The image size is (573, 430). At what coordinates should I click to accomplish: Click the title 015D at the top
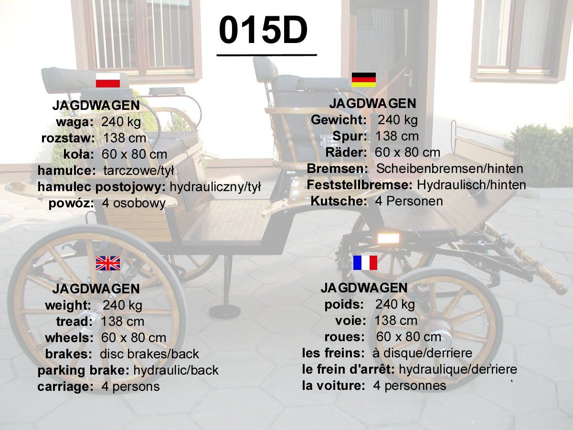coord(263,30)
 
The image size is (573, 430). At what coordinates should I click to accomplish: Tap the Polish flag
coord(108,80)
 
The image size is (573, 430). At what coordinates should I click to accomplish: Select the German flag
coord(364,80)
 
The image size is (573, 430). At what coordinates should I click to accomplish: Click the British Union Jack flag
coord(108,263)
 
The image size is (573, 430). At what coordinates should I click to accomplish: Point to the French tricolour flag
coord(365,263)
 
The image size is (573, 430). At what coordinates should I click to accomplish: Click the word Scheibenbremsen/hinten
coord(449,169)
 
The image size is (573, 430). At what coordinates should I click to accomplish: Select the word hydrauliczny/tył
coord(215,187)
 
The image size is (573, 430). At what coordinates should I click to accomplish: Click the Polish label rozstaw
coord(68,138)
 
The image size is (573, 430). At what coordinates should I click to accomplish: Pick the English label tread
coord(74,322)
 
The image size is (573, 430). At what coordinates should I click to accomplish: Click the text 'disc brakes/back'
coord(149,354)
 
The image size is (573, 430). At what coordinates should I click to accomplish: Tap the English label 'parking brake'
coord(83,370)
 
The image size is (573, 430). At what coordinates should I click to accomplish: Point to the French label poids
coord(344,305)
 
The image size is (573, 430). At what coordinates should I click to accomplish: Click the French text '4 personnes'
coord(410,386)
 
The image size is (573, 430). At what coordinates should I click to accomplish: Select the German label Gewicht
coord(339,120)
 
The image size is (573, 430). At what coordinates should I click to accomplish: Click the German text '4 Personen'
coord(409,201)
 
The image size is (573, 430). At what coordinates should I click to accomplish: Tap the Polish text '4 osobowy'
coord(134,204)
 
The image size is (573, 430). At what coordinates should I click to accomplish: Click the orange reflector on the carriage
coord(388,238)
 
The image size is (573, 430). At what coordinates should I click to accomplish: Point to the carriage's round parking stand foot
coord(224,312)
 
